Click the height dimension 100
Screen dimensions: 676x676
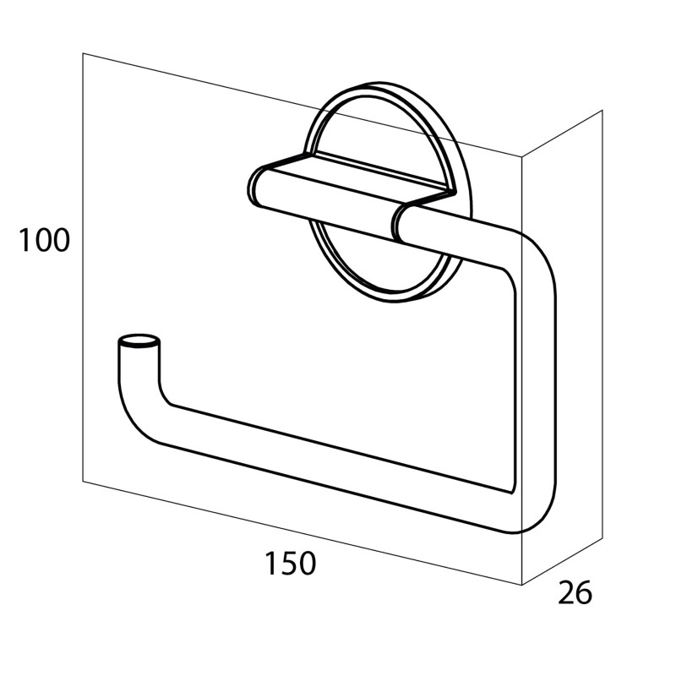pyautogui.click(x=44, y=240)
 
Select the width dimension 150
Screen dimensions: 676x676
pyautogui.click(x=290, y=563)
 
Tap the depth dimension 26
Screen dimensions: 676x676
pyautogui.click(x=575, y=592)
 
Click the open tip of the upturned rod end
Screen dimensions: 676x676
pyautogui.click(x=139, y=341)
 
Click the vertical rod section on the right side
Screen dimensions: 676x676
pyautogui.click(x=535, y=379)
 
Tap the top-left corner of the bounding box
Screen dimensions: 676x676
pyautogui.click(x=83, y=53)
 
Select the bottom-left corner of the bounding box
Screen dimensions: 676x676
pyautogui.click(x=83, y=481)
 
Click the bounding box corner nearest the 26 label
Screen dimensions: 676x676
pyautogui.click(x=522, y=585)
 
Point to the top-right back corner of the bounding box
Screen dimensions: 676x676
pyautogui.click(x=602, y=111)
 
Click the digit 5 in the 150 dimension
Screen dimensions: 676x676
pyautogui.click(x=289, y=564)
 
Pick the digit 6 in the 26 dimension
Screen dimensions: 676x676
pyautogui.click(x=584, y=592)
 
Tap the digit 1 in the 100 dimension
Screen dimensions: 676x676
pyautogui.click(x=24, y=240)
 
